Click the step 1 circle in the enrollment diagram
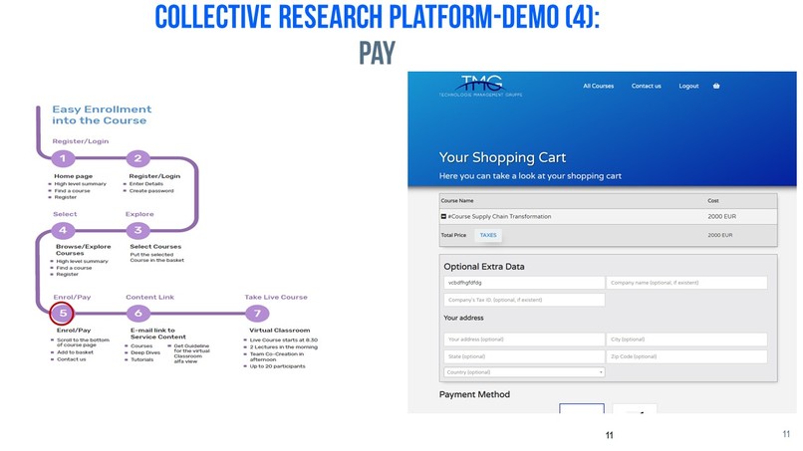[63, 158]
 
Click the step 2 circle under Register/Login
[138, 158]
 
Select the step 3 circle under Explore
[138, 230]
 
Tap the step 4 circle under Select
[63, 230]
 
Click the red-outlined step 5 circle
[63, 313]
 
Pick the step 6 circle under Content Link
[138, 313]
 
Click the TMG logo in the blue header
[481, 86]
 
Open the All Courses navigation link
[598, 86]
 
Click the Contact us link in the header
[646, 86]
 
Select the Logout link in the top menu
[688, 86]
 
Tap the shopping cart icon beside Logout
[716, 86]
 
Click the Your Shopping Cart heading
[502, 157]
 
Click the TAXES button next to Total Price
[488, 235]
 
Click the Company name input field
[686, 283]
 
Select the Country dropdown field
[524, 372]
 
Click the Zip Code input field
[686, 355]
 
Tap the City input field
[686, 338]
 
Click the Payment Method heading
[474, 394]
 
